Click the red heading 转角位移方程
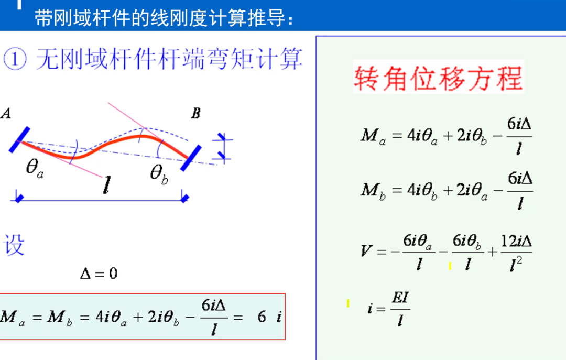click(439, 78)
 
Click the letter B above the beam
click(195, 114)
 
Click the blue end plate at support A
click(18, 139)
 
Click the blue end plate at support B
click(191, 158)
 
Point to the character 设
click(14, 245)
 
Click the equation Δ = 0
click(99, 273)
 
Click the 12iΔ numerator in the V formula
click(517, 241)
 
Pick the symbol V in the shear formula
click(366, 251)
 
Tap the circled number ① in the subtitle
click(14, 60)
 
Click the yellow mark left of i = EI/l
click(347, 303)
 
